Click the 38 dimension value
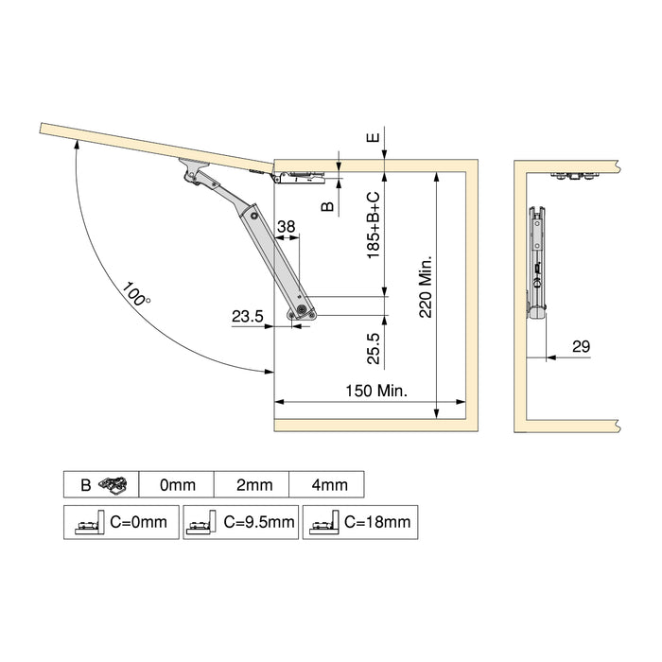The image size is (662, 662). (x=287, y=226)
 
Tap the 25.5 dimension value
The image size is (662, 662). (x=374, y=348)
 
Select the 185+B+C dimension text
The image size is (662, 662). (x=374, y=225)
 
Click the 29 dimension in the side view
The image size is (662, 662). (x=581, y=347)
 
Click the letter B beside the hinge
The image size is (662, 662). (x=327, y=205)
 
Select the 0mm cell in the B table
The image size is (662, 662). (x=177, y=485)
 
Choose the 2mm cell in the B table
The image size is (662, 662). (x=253, y=485)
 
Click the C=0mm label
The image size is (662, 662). (x=138, y=521)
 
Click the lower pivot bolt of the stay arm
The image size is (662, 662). (x=301, y=308)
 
